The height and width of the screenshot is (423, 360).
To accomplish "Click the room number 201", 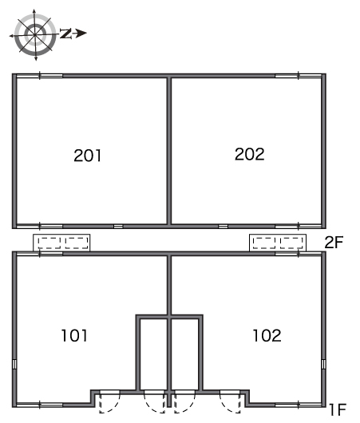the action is [x=88, y=156].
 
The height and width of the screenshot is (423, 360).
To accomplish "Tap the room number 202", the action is [x=250, y=154].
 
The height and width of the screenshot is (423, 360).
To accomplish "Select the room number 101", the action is [x=74, y=335].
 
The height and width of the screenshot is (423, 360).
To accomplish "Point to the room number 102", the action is [x=267, y=335].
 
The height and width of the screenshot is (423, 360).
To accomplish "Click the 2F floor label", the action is [x=334, y=242].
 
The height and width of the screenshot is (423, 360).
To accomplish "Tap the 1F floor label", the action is [x=338, y=409].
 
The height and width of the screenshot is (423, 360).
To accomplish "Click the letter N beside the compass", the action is [x=65, y=34].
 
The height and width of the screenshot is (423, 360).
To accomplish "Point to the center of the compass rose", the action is [x=35, y=35].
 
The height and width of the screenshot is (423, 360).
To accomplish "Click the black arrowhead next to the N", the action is [x=81, y=34].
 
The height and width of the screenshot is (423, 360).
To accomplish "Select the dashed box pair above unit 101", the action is [x=61, y=243].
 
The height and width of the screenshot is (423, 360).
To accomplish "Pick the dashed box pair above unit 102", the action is [x=278, y=243].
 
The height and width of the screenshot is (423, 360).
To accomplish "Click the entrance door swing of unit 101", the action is [x=109, y=402].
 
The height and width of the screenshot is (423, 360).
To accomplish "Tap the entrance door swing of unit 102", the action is [x=230, y=402].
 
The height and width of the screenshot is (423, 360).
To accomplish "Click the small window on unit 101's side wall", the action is [x=14, y=364].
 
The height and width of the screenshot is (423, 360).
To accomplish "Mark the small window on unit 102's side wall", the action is [x=323, y=364].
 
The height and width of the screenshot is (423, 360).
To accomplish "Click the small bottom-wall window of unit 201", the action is [x=118, y=227].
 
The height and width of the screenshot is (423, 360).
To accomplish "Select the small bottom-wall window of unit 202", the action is [x=223, y=227].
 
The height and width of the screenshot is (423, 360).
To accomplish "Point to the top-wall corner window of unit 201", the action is [x=40, y=76].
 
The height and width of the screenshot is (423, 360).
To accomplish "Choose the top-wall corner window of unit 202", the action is [x=299, y=76].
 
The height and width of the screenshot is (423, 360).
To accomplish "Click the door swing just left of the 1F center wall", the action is [x=154, y=402].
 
